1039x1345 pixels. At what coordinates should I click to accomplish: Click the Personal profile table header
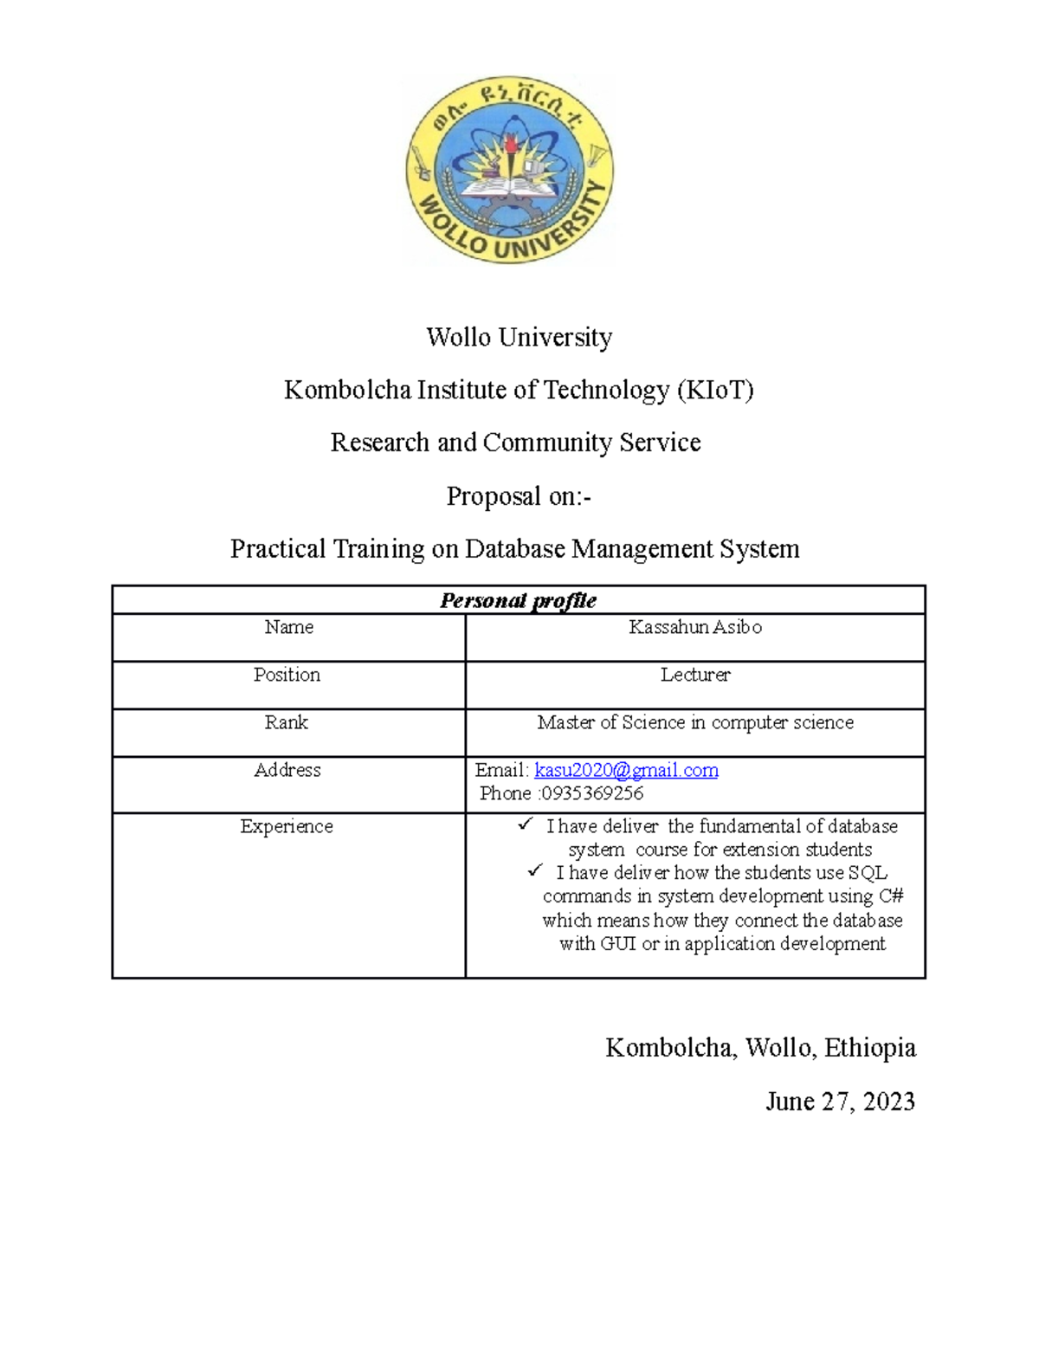point(518,600)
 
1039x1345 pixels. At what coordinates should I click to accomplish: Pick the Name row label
point(288,627)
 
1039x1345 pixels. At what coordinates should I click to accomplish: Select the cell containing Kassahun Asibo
point(695,627)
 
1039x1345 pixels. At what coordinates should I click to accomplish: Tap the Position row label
point(287,675)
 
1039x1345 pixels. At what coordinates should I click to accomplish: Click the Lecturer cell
point(695,675)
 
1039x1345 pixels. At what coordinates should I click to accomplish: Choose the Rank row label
point(287,722)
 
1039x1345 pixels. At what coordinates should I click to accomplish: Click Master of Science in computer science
point(695,722)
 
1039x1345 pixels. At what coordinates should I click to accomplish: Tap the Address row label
point(287,770)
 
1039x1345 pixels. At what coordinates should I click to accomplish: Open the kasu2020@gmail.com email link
point(626,770)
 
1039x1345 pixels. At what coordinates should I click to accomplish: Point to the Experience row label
point(287,826)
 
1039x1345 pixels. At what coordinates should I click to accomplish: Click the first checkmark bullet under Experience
point(526,824)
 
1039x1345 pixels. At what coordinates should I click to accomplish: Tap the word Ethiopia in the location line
point(869,1048)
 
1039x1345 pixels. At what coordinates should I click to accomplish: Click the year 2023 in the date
point(887,1102)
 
